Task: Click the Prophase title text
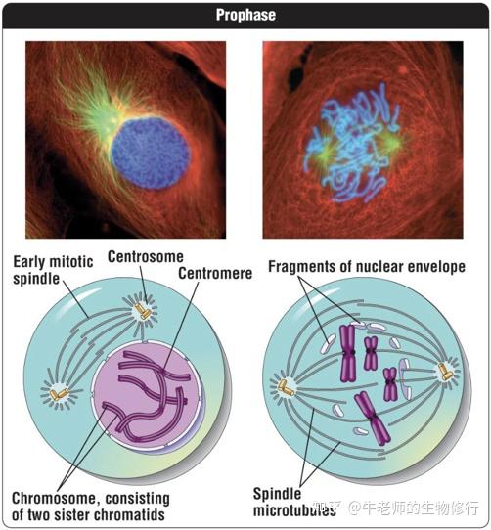click(245, 15)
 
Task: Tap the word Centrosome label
click(146, 257)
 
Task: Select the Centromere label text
click(215, 273)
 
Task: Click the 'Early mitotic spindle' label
click(53, 270)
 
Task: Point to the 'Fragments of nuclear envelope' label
click(367, 267)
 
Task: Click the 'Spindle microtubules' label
click(294, 502)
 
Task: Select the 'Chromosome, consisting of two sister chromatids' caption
click(91, 507)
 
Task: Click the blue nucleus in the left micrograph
click(151, 153)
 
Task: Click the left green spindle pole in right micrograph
click(326, 154)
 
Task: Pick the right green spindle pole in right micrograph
click(391, 143)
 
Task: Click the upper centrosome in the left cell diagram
click(143, 311)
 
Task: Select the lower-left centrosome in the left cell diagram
click(59, 394)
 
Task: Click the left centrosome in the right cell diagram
click(286, 387)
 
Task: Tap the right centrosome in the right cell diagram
click(445, 372)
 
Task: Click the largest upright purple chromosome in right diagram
click(347, 353)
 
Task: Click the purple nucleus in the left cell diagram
click(147, 395)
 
